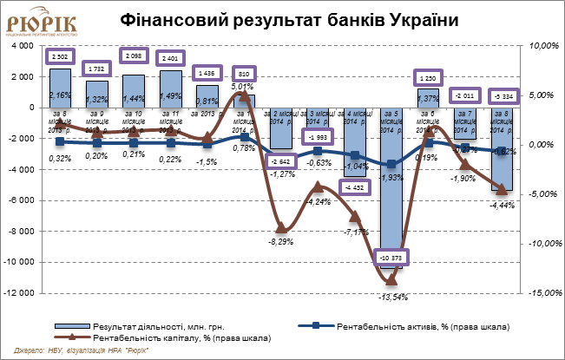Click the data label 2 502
(60, 56)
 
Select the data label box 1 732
(97, 68)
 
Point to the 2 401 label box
(171, 59)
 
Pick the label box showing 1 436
(207, 74)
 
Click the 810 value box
(244, 74)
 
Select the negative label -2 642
(280, 161)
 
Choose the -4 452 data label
(355, 187)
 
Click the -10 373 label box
(391, 258)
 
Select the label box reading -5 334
(502, 95)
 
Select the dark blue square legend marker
(316, 326)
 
